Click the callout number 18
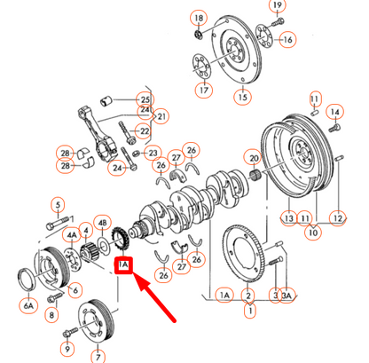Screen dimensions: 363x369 198,19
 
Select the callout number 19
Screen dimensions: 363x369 278,7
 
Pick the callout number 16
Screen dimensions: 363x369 287,40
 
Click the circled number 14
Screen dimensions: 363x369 334,112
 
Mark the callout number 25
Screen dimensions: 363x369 145,99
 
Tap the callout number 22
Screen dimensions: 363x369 142,131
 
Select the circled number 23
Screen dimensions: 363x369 152,153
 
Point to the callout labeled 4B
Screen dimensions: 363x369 103,223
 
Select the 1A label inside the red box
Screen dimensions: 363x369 123,264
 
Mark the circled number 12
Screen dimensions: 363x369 338,217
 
